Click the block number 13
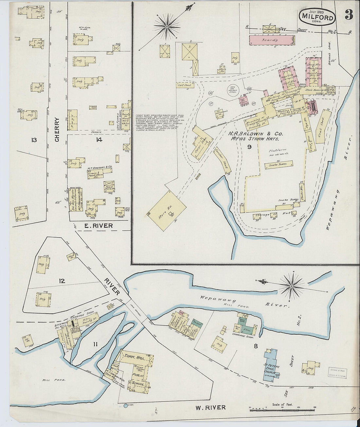(x=34, y=140)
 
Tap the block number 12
(x=62, y=281)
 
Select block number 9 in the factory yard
(x=249, y=147)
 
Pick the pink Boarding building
(x=271, y=41)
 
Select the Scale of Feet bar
(x=277, y=410)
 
